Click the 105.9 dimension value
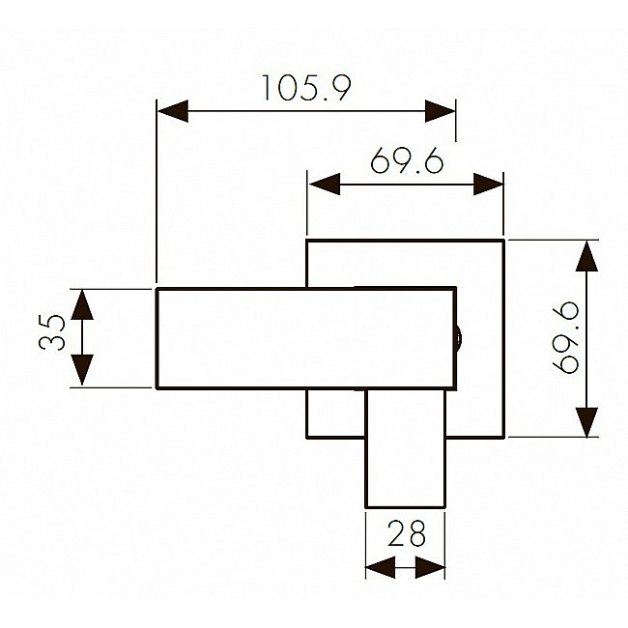305,88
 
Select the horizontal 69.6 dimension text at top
406,159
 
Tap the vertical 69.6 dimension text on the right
566,337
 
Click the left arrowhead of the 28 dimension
378,569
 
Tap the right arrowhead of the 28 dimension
432,569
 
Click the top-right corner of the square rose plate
504,239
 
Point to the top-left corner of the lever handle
157,288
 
